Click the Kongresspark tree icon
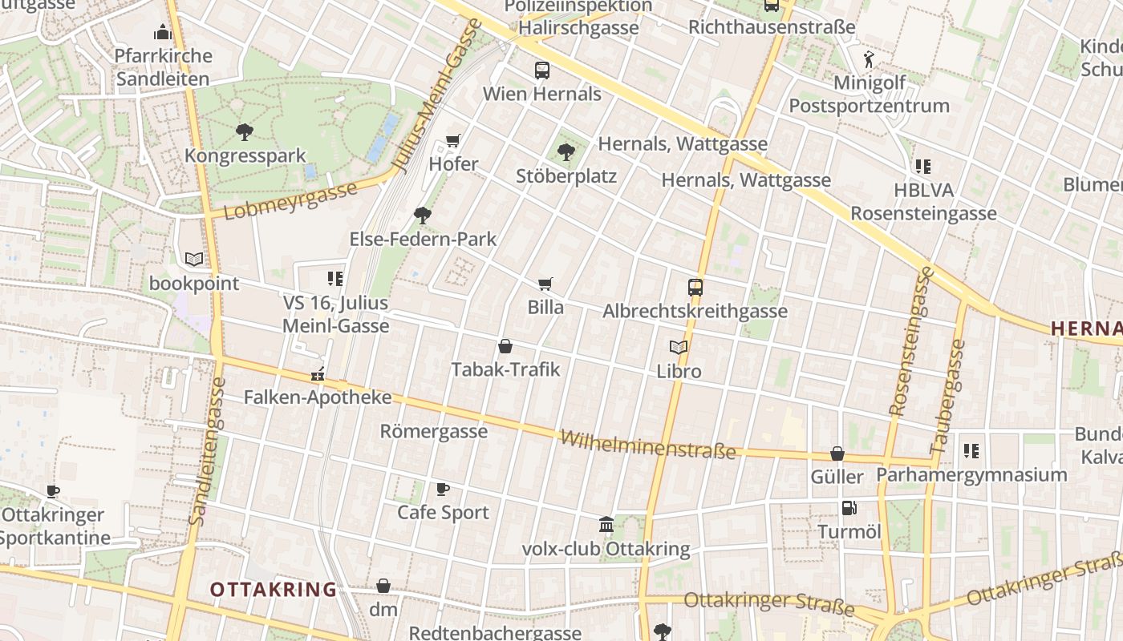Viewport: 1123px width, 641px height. coord(245,132)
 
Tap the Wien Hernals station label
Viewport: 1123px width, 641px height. coord(541,94)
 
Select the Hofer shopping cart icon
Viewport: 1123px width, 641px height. coord(453,141)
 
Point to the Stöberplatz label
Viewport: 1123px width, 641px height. coord(566,175)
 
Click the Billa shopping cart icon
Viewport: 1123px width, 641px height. coord(545,284)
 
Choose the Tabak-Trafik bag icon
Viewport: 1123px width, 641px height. coord(505,346)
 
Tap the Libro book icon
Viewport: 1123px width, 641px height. coord(679,348)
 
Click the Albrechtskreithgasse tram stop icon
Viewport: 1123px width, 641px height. coord(695,288)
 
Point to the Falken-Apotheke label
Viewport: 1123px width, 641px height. coord(318,397)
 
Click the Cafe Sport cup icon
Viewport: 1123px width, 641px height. coord(442,489)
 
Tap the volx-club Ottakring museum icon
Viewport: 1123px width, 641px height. coord(606,525)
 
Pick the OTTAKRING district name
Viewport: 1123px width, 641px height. coord(274,590)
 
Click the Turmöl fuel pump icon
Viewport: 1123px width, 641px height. coord(849,508)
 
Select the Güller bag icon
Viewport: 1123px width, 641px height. coord(837,454)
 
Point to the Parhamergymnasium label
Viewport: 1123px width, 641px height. coord(971,474)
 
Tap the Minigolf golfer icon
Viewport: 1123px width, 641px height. coord(869,59)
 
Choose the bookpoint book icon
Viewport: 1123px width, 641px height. coord(194,259)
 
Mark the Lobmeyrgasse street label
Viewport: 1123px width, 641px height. coord(290,201)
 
